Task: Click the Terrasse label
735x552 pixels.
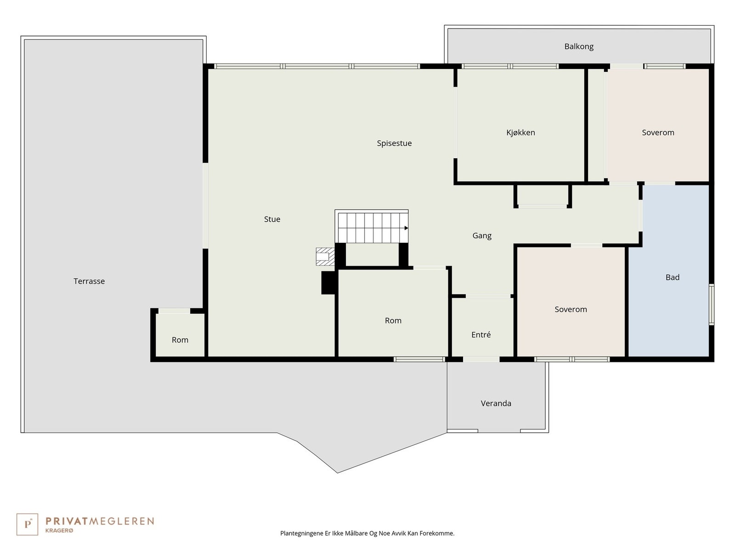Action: [89, 281]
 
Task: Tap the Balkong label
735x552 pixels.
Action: [579, 46]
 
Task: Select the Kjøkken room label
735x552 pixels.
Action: [520, 133]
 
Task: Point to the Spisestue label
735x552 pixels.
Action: [394, 144]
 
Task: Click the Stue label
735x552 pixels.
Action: [272, 219]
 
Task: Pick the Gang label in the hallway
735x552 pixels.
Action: [482, 236]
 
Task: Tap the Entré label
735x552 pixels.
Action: [481, 334]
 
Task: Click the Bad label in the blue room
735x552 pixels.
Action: [673, 277]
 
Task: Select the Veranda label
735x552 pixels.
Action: [496, 403]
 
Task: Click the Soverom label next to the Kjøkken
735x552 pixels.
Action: [658, 132]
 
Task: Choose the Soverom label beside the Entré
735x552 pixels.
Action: [571, 309]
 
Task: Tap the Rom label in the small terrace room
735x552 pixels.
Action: [180, 340]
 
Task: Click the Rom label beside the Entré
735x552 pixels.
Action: [393, 321]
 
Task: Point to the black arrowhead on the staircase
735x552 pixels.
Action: [406, 228]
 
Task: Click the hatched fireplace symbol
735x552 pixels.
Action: [325, 257]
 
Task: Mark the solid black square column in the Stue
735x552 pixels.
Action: [328, 282]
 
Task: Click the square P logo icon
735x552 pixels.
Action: [27, 524]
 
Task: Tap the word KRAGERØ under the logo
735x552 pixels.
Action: [59, 530]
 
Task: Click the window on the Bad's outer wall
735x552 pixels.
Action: [712, 305]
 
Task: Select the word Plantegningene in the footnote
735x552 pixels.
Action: [302, 533]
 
